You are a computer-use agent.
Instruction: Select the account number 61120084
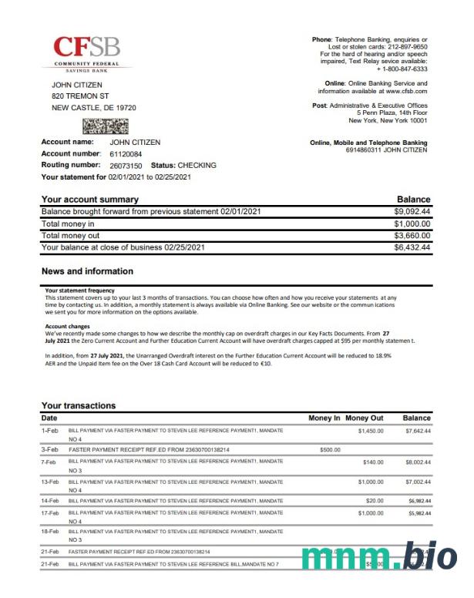126,153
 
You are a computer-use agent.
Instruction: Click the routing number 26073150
126,165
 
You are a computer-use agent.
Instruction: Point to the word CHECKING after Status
197,165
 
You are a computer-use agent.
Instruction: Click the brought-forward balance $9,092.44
412,211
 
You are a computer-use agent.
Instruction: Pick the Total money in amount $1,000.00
412,223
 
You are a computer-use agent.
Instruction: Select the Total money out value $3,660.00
412,235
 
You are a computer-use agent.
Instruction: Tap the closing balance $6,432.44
412,247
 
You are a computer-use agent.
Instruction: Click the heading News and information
87,271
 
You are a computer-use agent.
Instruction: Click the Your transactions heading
79,405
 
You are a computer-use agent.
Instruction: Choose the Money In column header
324,418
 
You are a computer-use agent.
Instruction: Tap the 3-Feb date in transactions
50,448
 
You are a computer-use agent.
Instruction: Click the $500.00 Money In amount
331,448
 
